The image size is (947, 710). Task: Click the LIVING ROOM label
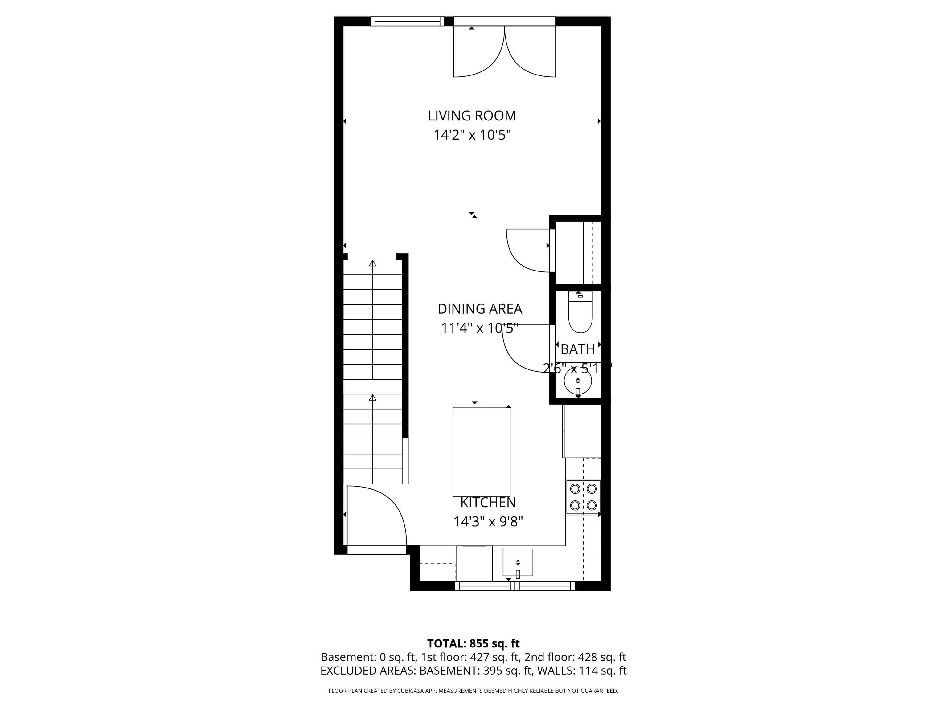(x=472, y=116)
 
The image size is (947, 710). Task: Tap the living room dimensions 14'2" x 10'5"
(x=472, y=135)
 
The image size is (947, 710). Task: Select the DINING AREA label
(x=479, y=308)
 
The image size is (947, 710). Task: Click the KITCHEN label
(x=488, y=502)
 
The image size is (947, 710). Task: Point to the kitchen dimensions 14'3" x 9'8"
(x=488, y=522)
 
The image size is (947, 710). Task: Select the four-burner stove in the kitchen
(x=583, y=497)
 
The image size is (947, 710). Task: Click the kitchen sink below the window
(x=518, y=562)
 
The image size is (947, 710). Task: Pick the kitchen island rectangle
(x=481, y=451)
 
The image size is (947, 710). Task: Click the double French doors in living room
(x=504, y=51)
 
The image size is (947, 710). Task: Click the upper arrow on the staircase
(x=372, y=263)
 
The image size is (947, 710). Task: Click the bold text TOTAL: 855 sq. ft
(x=473, y=643)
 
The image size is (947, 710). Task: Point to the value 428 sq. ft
(x=601, y=657)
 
